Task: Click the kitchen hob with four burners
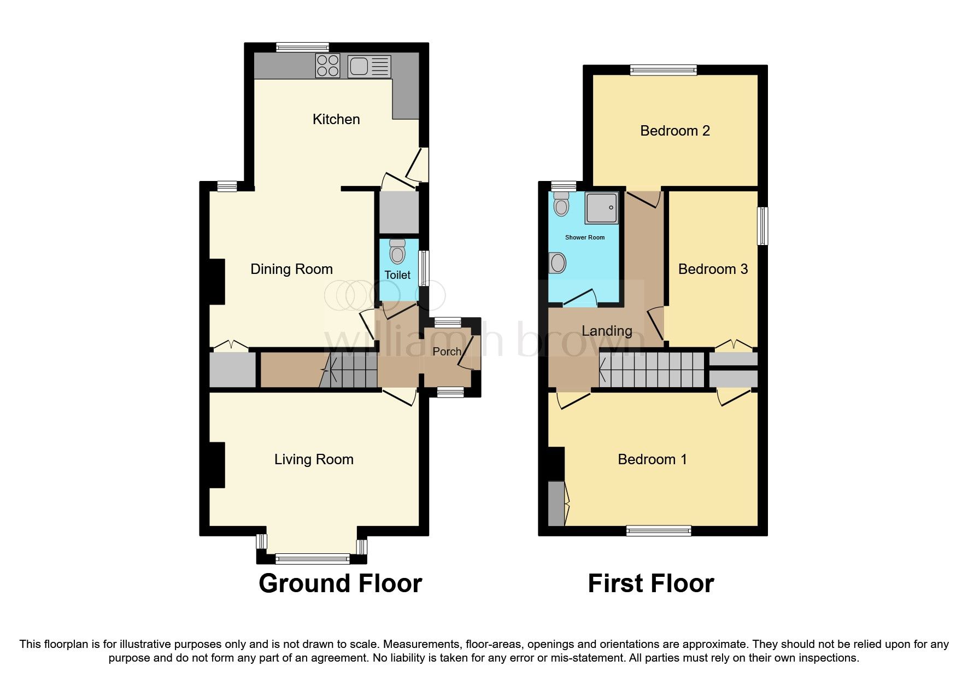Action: (328, 66)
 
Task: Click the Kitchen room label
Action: (336, 119)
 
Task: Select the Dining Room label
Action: (291, 269)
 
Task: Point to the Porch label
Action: (447, 352)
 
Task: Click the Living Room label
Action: (314, 459)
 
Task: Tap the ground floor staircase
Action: (350, 370)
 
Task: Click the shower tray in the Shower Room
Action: (602, 207)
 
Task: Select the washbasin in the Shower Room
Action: (558, 263)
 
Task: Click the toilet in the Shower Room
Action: (561, 204)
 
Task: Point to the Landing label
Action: (607, 331)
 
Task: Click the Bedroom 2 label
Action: (675, 131)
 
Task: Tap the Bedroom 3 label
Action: (713, 269)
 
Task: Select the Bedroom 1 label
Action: (652, 459)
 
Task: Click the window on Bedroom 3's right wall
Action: (762, 225)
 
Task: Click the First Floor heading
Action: (650, 583)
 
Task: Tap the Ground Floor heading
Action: (340, 583)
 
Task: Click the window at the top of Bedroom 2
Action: (663, 69)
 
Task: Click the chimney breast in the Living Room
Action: (217, 465)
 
